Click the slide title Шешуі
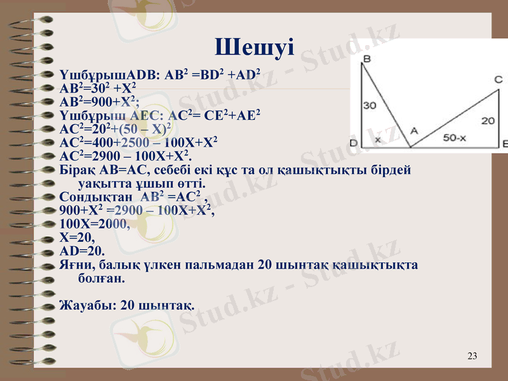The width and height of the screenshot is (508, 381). [254, 46]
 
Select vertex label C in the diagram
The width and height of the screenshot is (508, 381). [498, 79]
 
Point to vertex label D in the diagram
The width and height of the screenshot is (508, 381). [354, 144]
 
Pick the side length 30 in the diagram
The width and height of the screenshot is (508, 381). [370, 105]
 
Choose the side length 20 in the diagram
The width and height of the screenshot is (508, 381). [488, 120]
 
